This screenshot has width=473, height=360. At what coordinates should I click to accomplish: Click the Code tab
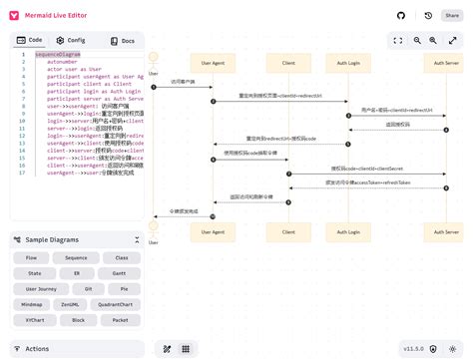(32, 40)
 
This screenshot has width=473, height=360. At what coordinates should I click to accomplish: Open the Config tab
(72, 40)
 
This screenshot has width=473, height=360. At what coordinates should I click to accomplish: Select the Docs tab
(123, 40)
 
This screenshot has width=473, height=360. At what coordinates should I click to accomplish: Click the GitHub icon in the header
(401, 16)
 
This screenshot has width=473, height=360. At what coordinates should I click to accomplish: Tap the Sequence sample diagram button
(77, 257)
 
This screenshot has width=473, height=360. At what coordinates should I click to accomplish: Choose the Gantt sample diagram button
(120, 272)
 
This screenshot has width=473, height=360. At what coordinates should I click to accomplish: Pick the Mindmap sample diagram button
(34, 304)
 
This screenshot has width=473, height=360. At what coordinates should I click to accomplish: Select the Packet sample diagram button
(120, 320)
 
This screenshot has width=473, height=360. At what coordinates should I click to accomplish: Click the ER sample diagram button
(77, 272)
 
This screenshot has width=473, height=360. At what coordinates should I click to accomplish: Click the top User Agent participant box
(213, 62)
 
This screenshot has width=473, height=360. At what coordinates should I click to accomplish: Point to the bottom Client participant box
(287, 231)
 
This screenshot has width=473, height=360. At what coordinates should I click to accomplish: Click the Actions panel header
(38, 349)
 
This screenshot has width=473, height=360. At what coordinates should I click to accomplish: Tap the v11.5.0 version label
(413, 349)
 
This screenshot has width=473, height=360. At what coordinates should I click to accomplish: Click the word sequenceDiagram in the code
(58, 54)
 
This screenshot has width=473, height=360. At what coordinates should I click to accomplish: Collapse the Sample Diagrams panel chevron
(137, 239)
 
